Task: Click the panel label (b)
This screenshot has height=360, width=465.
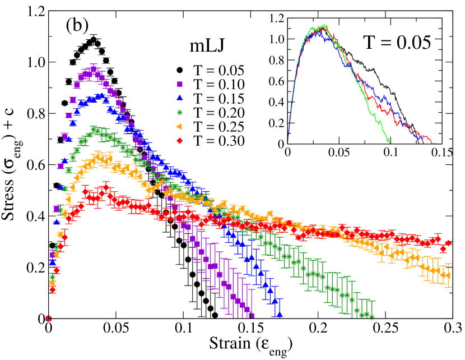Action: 77,26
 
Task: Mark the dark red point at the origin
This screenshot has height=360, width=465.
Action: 49,319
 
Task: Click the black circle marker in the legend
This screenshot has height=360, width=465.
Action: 179,70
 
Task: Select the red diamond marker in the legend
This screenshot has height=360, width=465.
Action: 179,140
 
